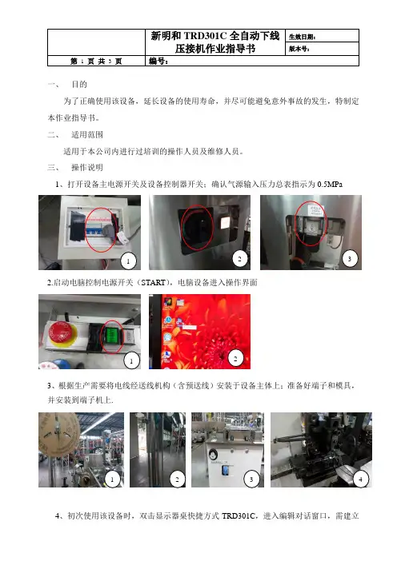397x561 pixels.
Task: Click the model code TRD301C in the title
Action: tap(206, 36)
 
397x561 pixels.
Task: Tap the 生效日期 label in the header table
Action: tap(302, 37)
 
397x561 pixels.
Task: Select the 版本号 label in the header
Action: tap(299, 49)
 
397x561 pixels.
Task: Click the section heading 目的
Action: tap(79, 85)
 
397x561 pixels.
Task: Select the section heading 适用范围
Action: tap(87, 135)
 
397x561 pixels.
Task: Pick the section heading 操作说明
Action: tap(87, 168)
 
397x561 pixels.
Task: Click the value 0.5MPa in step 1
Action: tap(330, 185)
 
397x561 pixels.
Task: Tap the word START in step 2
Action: tap(153, 283)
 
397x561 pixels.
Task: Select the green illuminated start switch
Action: tap(112, 336)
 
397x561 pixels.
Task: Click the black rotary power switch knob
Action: tap(196, 228)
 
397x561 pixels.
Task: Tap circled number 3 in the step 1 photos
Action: tap(349, 259)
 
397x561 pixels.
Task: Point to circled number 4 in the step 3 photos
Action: tap(360, 479)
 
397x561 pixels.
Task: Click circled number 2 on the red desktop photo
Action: tap(235, 358)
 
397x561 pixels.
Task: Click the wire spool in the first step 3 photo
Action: tap(58, 435)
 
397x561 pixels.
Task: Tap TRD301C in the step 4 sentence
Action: tap(239, 516)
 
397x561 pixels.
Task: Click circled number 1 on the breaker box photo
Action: tap(128, 261)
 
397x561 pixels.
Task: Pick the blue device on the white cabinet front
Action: tap(226, 470)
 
